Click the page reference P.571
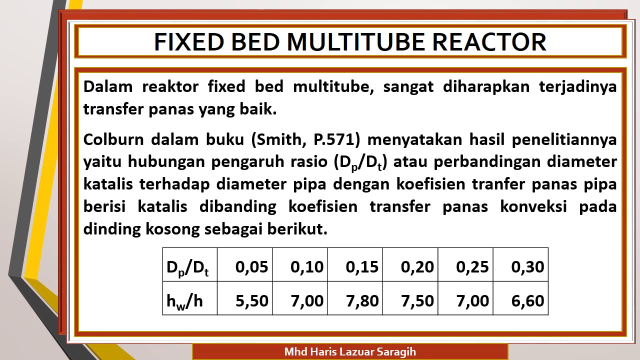(x=336, y=139)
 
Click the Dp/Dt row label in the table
(x=188, y=267)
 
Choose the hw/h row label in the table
(x=185, y=300)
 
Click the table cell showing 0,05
(x=251, y=267)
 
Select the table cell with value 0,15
(x=362, y=267)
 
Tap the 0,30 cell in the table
(x=527, y=267)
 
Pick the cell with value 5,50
(x=251, y=300)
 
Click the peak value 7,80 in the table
(x=362, y=300)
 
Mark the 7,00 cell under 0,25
(x=472, y=300)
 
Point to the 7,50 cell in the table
(x=417, y=300)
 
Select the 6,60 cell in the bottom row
(x=527, y=300)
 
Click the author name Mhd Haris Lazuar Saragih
(x=350, y=351)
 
